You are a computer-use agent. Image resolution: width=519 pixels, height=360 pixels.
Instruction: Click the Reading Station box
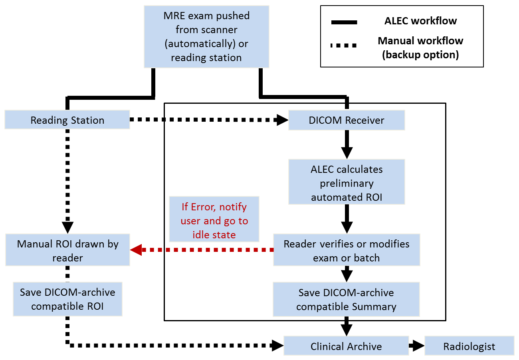(67, 120)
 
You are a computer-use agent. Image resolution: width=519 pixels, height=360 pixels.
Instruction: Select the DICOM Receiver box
(347, 120)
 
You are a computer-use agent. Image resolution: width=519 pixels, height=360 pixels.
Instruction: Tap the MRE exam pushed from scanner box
(206, 37)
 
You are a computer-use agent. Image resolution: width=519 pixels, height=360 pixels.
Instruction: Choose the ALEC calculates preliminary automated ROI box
(347, 183)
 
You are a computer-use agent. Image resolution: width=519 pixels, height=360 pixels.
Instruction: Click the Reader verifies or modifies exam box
(347, 251)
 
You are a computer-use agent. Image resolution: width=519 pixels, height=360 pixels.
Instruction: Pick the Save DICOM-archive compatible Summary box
(346, 299)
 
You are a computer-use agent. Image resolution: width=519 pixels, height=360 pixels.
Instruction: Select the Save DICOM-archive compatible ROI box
(67, 299)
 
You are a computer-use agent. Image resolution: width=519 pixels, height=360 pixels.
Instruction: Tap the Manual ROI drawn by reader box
(67, 251)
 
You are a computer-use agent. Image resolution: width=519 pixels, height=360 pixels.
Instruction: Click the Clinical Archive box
(346, 346)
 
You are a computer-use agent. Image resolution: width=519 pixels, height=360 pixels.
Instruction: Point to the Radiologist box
(469, 346)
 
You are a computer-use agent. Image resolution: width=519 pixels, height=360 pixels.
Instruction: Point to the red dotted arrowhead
(136, 250)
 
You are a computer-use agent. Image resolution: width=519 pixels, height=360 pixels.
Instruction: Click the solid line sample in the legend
(344, 22)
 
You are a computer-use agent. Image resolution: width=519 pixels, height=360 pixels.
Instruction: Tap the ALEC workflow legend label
(420, 21)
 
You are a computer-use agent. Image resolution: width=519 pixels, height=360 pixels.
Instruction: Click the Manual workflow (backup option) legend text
(420, 47)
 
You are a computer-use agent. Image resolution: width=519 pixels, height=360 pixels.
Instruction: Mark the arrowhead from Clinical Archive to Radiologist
(418, 346)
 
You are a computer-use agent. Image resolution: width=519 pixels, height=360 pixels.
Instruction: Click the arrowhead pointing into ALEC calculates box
(347, 153)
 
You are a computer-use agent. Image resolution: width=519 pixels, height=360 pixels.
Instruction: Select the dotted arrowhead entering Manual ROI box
(67, 227)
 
